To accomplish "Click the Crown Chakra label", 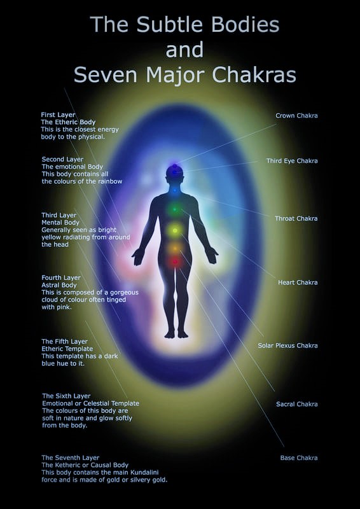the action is pyautogui.click(x=296, y=116).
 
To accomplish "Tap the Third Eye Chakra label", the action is pyautogui.click(x=292, y=161).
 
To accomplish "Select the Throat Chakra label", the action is pyautogui.click(x=296, y=218).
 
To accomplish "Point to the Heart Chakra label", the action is pyautogui.click(x=298, y=282).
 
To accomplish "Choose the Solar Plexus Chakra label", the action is pyautogui.click(x=287, y=345).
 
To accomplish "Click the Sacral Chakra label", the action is pyautogui.click(x=296, y=404).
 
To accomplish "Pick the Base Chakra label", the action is pyautogui.click(x=299, y=458).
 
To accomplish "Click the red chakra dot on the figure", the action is pyautogui.click(x=176, y=261).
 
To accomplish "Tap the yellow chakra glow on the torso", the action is pyautogui.click(x=175, y=230).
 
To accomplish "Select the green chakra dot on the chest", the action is pyautogui.click(x=175, y=209).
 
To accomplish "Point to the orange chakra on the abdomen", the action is pyautogui.click(x=175, y=248).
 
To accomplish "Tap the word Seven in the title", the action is pyautogui.click(x=106, y=74).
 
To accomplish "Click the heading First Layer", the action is pyautogui.click(x=58, y=115).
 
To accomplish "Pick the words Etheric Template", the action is pyautogui.click(x=67, y=349).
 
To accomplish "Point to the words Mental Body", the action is pyautogui.click(x=60, y=222).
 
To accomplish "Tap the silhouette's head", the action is pyautogui.click(x=175, y=172).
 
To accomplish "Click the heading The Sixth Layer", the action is pyautogui.click(x=67, y=396).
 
